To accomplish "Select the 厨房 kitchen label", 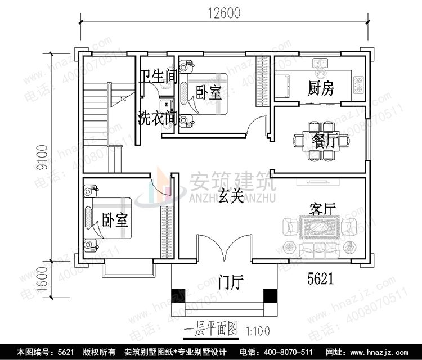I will pos(320,88).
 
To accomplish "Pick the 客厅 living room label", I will pos(322,209).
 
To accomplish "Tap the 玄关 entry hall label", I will pos(231,196).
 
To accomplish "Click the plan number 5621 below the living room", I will pos(321,277).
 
